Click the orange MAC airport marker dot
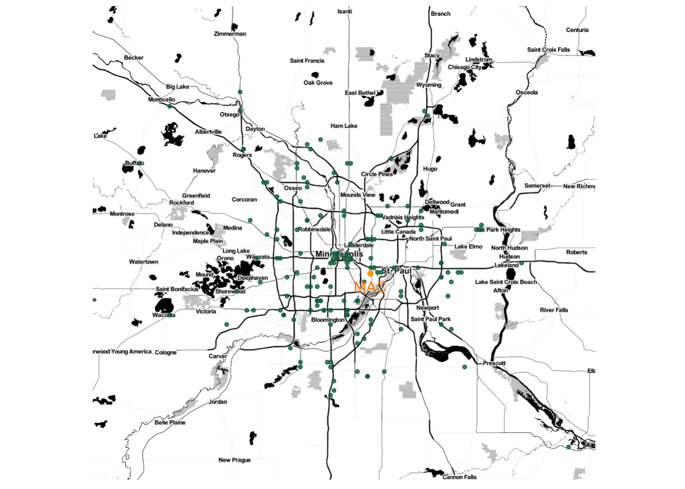point(371,274)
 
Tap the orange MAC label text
point(370,287)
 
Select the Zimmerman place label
point(230,34)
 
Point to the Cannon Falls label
point(459,477)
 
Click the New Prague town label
point(234,460)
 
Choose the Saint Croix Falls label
point(548,50)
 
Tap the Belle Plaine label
point(170,423)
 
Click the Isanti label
point(345,12)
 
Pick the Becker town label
point(134,58)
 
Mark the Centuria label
point(577,30)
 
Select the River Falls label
point(554,310)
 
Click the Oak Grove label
point(318,83)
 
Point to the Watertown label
point(144,262)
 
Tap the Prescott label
point(494,364)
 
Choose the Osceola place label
point(526,93)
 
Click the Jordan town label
point(218,402)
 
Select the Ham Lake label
point(344,126)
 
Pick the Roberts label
point(576,252)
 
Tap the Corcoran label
point(244,200)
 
